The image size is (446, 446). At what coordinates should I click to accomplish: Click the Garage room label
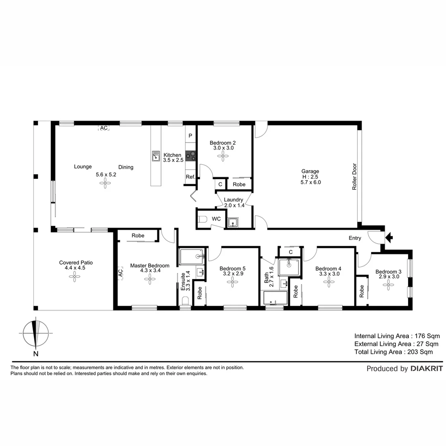point(310,171)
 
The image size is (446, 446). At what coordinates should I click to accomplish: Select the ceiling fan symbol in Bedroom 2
point(223,156)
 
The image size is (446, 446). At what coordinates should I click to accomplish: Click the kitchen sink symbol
point(156,156)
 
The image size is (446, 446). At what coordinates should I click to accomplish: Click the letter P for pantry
point(190,136)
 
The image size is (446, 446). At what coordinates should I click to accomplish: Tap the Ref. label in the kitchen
point(190,177)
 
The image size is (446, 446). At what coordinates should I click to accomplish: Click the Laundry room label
point(233,199)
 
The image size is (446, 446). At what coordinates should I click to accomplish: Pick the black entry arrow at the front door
point(389,237)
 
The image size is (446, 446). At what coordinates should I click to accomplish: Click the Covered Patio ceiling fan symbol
point(75,277)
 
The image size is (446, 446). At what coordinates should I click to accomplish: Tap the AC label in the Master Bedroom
point(121,273)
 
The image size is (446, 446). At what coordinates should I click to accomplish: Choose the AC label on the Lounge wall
point(104,128)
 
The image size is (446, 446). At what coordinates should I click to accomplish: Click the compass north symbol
point(36,333)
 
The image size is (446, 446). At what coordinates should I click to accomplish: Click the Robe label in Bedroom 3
point(362,292)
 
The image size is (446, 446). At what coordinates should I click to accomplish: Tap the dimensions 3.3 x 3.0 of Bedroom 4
point(329,273)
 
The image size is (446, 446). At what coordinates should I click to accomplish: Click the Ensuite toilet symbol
point(185,300)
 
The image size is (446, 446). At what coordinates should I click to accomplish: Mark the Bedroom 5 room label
point(232,268)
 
